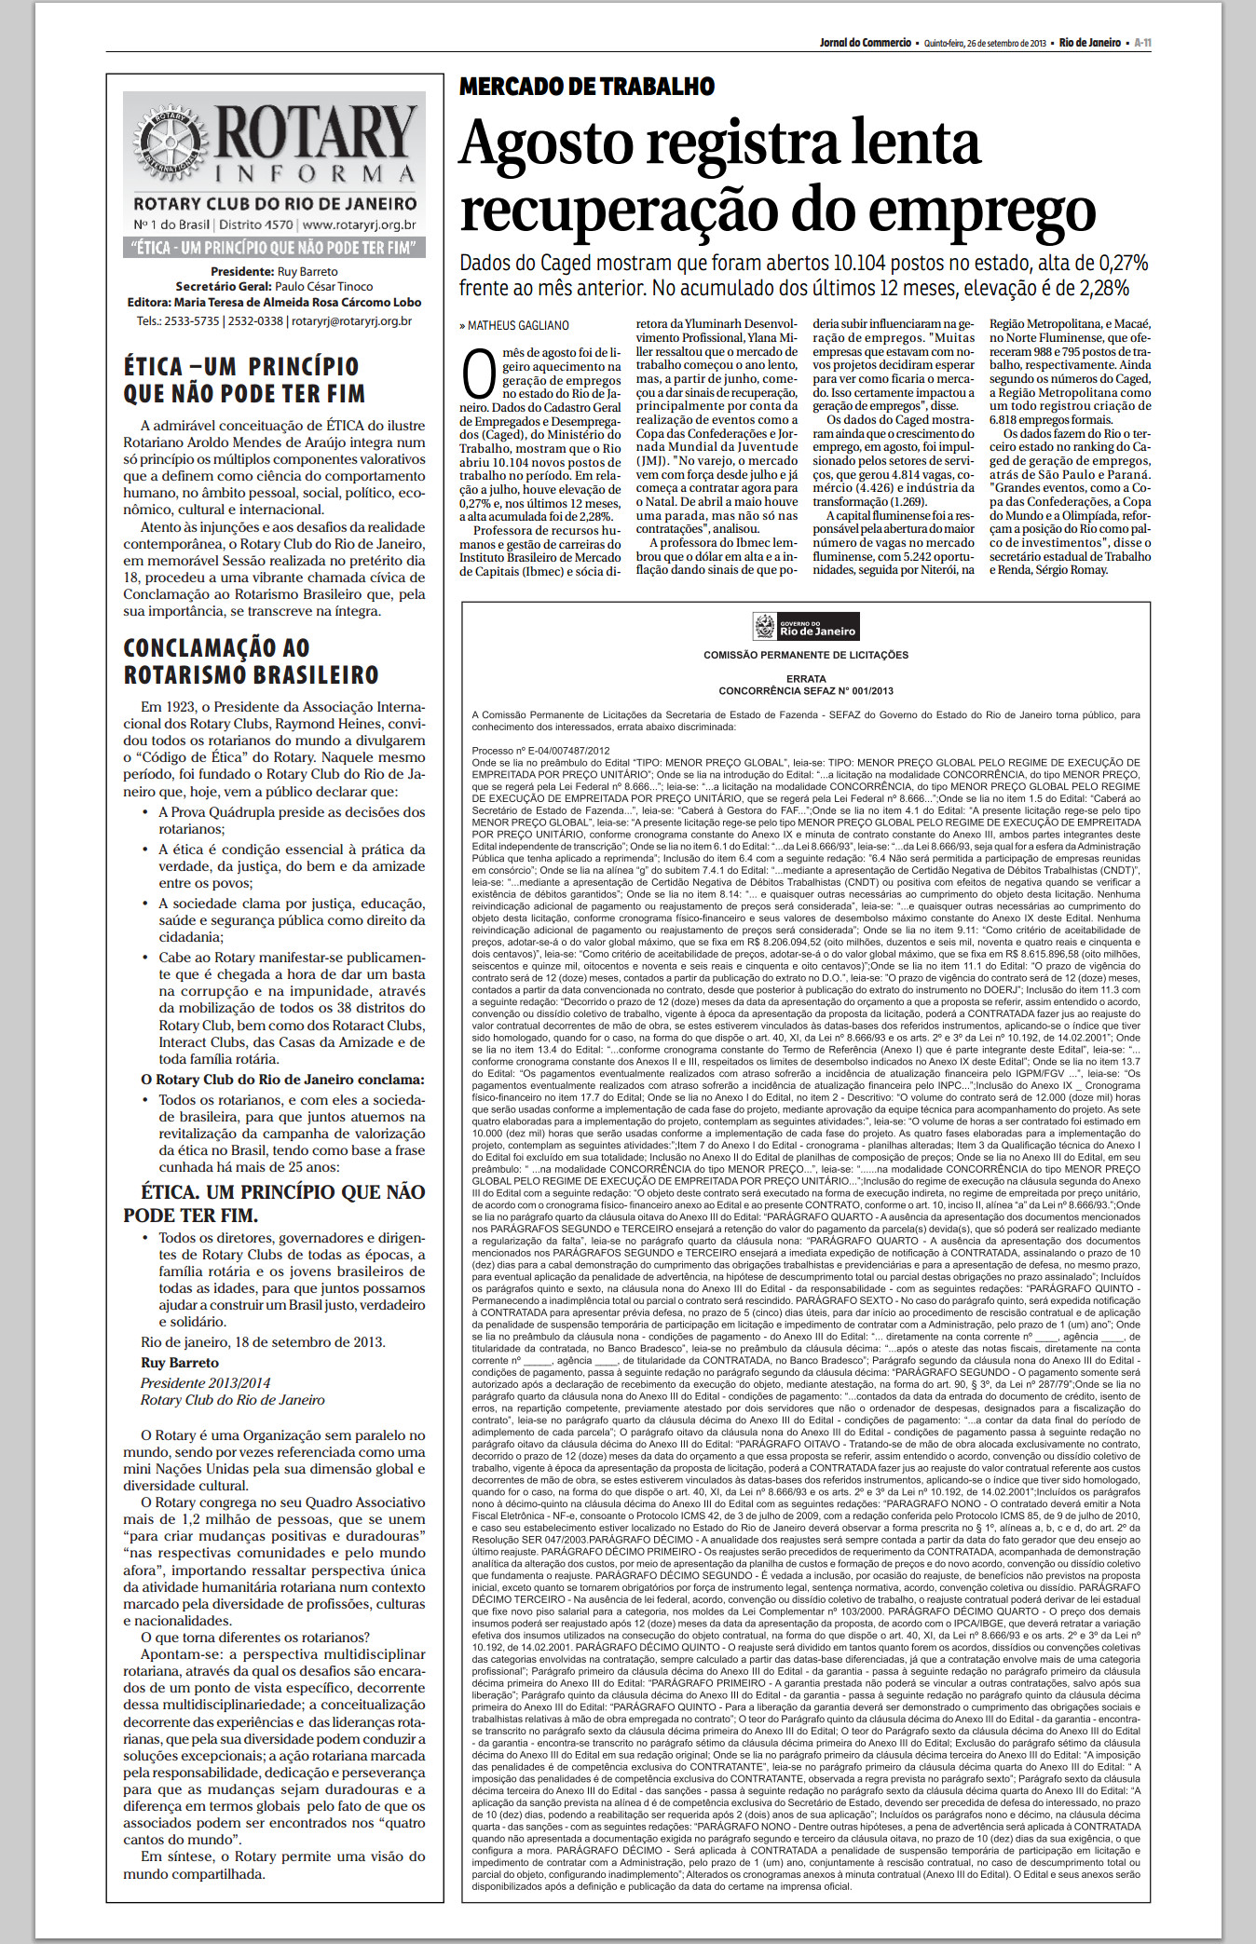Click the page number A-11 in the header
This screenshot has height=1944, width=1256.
(1142, 43)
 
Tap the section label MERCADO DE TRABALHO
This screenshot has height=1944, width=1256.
(587, 87)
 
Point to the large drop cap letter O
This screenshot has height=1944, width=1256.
(478, 374)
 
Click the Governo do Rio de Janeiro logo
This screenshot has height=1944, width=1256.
(806, 627)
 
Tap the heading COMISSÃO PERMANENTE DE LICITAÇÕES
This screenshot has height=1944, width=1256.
(806, 655)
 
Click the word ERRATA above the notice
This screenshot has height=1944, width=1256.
(806, 679)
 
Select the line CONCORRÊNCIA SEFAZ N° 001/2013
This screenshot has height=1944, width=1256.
(806, 691)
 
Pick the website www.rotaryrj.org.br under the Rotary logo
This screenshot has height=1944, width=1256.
(359, 224)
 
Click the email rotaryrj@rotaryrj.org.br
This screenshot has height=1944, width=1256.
(351, 321)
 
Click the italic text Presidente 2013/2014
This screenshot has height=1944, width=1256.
(205, 1383)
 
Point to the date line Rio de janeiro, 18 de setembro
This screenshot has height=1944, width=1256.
(262, 1342)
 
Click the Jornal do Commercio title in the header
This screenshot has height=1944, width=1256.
(865, 43)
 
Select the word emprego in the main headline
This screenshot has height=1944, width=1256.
(993, 211)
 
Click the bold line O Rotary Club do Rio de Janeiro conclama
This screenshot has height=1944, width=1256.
(282, 1080)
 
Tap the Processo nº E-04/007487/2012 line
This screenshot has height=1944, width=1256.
(540, 751)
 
